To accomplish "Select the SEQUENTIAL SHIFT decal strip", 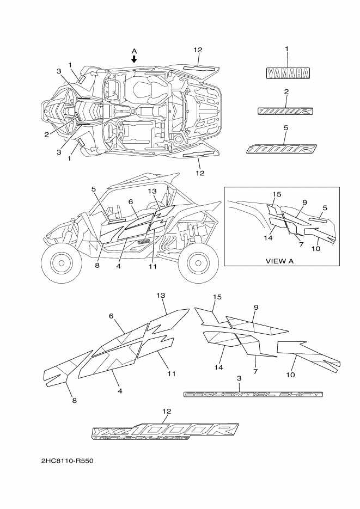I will (x=253, y=394).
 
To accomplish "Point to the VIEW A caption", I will (x=279, y=261).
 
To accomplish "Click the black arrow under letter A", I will (x=135, y=59).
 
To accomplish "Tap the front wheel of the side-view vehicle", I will (x=58, y=263).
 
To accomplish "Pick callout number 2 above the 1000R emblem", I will (x=286, y=91).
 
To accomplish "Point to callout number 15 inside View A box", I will (x=277, y=194).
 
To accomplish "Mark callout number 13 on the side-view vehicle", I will (x=152, y=191).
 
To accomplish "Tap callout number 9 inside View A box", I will (x=304, y=203).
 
